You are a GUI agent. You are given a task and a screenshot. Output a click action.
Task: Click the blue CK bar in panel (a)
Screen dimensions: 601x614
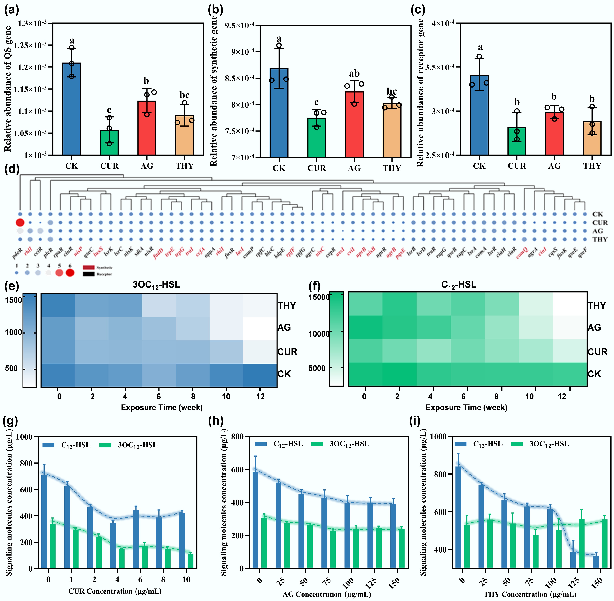(x=72, y=109)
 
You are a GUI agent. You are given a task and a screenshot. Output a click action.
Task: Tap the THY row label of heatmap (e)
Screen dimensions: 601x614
(x=287, y=306)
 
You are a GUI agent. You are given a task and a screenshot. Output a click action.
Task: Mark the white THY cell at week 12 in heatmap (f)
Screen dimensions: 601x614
(x=570, y=304)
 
